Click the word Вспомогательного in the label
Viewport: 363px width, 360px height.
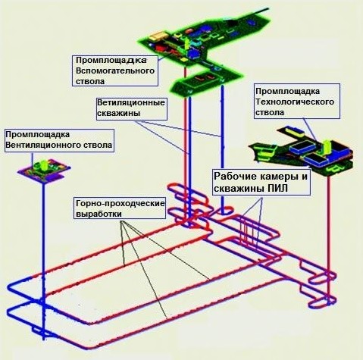coord(115,70)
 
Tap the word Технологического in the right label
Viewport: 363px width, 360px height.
coord(295,102)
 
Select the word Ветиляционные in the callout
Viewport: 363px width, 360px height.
coord(131,102)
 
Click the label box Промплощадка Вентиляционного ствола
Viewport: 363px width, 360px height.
coord(59,140)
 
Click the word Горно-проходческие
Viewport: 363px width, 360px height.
coord(120,203)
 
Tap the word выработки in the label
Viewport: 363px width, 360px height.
coord(99,214)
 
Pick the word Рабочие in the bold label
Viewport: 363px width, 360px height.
coord(232,177)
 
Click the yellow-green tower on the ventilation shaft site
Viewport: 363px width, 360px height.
coord(44,165)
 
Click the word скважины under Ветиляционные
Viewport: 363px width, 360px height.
coord(118,113)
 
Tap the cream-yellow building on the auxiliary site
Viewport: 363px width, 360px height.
coord(158,36)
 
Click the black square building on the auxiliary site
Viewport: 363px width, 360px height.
coord(232,23)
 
